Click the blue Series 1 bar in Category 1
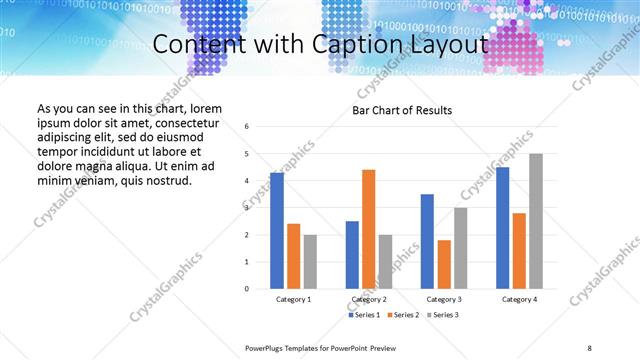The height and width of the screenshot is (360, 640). click(x=277, y=231)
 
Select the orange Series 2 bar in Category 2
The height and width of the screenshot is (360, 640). click(x=368, y=229)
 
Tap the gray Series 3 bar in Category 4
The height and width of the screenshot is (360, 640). click(x=536, y=221)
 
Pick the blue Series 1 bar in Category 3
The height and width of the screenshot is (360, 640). click(x=427, y=241)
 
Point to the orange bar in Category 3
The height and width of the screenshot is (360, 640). click(x=444, y=264)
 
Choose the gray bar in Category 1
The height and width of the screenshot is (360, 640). click(x=310, y=262)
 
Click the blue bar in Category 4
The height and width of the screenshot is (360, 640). click(x=502, y=228)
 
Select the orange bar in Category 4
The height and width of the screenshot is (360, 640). click(x=519, y=251)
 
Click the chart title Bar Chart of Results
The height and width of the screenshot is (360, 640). click(x=402, y=110)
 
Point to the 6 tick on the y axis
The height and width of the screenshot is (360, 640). click(x=247, y=127)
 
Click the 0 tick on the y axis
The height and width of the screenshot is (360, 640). click(x=247, y=289)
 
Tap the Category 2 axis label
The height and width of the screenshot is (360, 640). click(x=368, y=299)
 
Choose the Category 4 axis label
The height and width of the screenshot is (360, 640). click(x=519, y=299)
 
